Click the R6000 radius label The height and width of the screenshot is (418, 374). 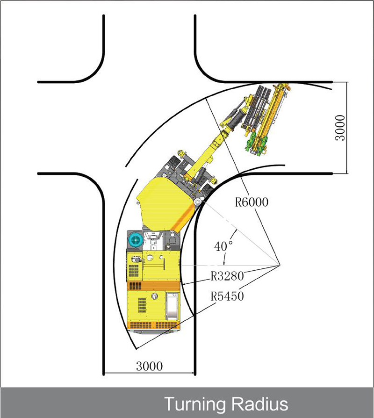(252, 202)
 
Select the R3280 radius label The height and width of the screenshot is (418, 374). (227, 276)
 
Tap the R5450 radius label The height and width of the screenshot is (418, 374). (227, 296)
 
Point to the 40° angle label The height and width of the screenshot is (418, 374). (223, 246)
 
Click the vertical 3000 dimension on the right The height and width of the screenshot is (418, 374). (340, 128)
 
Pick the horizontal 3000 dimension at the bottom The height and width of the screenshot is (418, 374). (149, 366)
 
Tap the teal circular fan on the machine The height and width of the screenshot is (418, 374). (136, 240)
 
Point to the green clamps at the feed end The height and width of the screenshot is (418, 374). (255, 145)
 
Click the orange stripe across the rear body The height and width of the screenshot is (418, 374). (154, 286)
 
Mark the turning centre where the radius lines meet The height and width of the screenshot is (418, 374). (280, 265)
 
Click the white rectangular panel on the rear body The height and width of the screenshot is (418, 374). (172, 306)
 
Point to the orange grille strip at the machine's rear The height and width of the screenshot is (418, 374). (154, 325)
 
